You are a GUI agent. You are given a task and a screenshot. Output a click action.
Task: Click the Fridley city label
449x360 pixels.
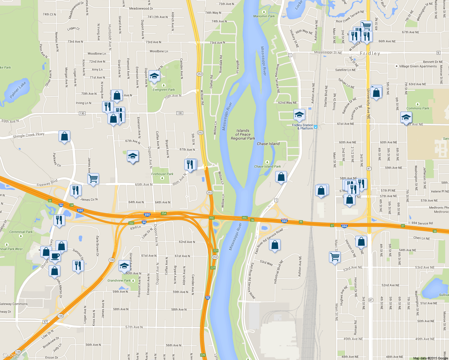click(370, 53)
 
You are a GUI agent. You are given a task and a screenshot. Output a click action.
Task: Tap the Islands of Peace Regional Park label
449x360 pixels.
click(243, 135)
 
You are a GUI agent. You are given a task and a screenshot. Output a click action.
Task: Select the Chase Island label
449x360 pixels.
click(268, 144)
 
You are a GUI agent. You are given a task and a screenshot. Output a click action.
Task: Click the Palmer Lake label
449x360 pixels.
click(18, 90)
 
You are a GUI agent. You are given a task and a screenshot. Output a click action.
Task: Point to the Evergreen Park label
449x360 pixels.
click(164, 89)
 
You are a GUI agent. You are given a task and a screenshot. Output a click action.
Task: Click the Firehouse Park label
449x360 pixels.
click(162, 174)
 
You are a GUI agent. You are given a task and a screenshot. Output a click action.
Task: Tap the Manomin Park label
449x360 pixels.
click(264, 16)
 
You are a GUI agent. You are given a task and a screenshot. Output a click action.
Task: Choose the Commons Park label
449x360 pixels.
click(417, 108)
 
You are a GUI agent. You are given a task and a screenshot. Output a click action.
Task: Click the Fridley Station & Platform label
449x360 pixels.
click(303, 127)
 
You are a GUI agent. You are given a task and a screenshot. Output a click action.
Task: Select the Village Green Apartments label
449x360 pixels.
click(418, 66)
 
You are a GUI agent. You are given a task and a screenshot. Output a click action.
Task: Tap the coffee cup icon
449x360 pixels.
click(55, 256)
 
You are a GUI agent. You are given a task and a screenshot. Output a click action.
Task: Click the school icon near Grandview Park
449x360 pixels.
click(124, 265)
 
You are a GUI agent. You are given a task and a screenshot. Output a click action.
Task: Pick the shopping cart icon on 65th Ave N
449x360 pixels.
click(93, 179)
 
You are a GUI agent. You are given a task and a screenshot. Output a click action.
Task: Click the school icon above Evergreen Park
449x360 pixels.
click(154, 76)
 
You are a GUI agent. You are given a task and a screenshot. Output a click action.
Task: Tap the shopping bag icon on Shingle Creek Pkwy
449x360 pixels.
click(64, 136)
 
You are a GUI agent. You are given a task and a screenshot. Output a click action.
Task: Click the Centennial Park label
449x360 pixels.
click(21, 232)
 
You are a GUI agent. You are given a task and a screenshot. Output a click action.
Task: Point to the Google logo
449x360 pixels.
click(11, 355)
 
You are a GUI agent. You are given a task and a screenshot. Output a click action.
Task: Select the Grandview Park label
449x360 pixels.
click(119, 280)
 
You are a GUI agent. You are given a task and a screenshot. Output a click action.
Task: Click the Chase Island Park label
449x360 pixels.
click(267, 166)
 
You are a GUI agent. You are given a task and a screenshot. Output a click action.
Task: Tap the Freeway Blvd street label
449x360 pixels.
click(47, 183)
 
